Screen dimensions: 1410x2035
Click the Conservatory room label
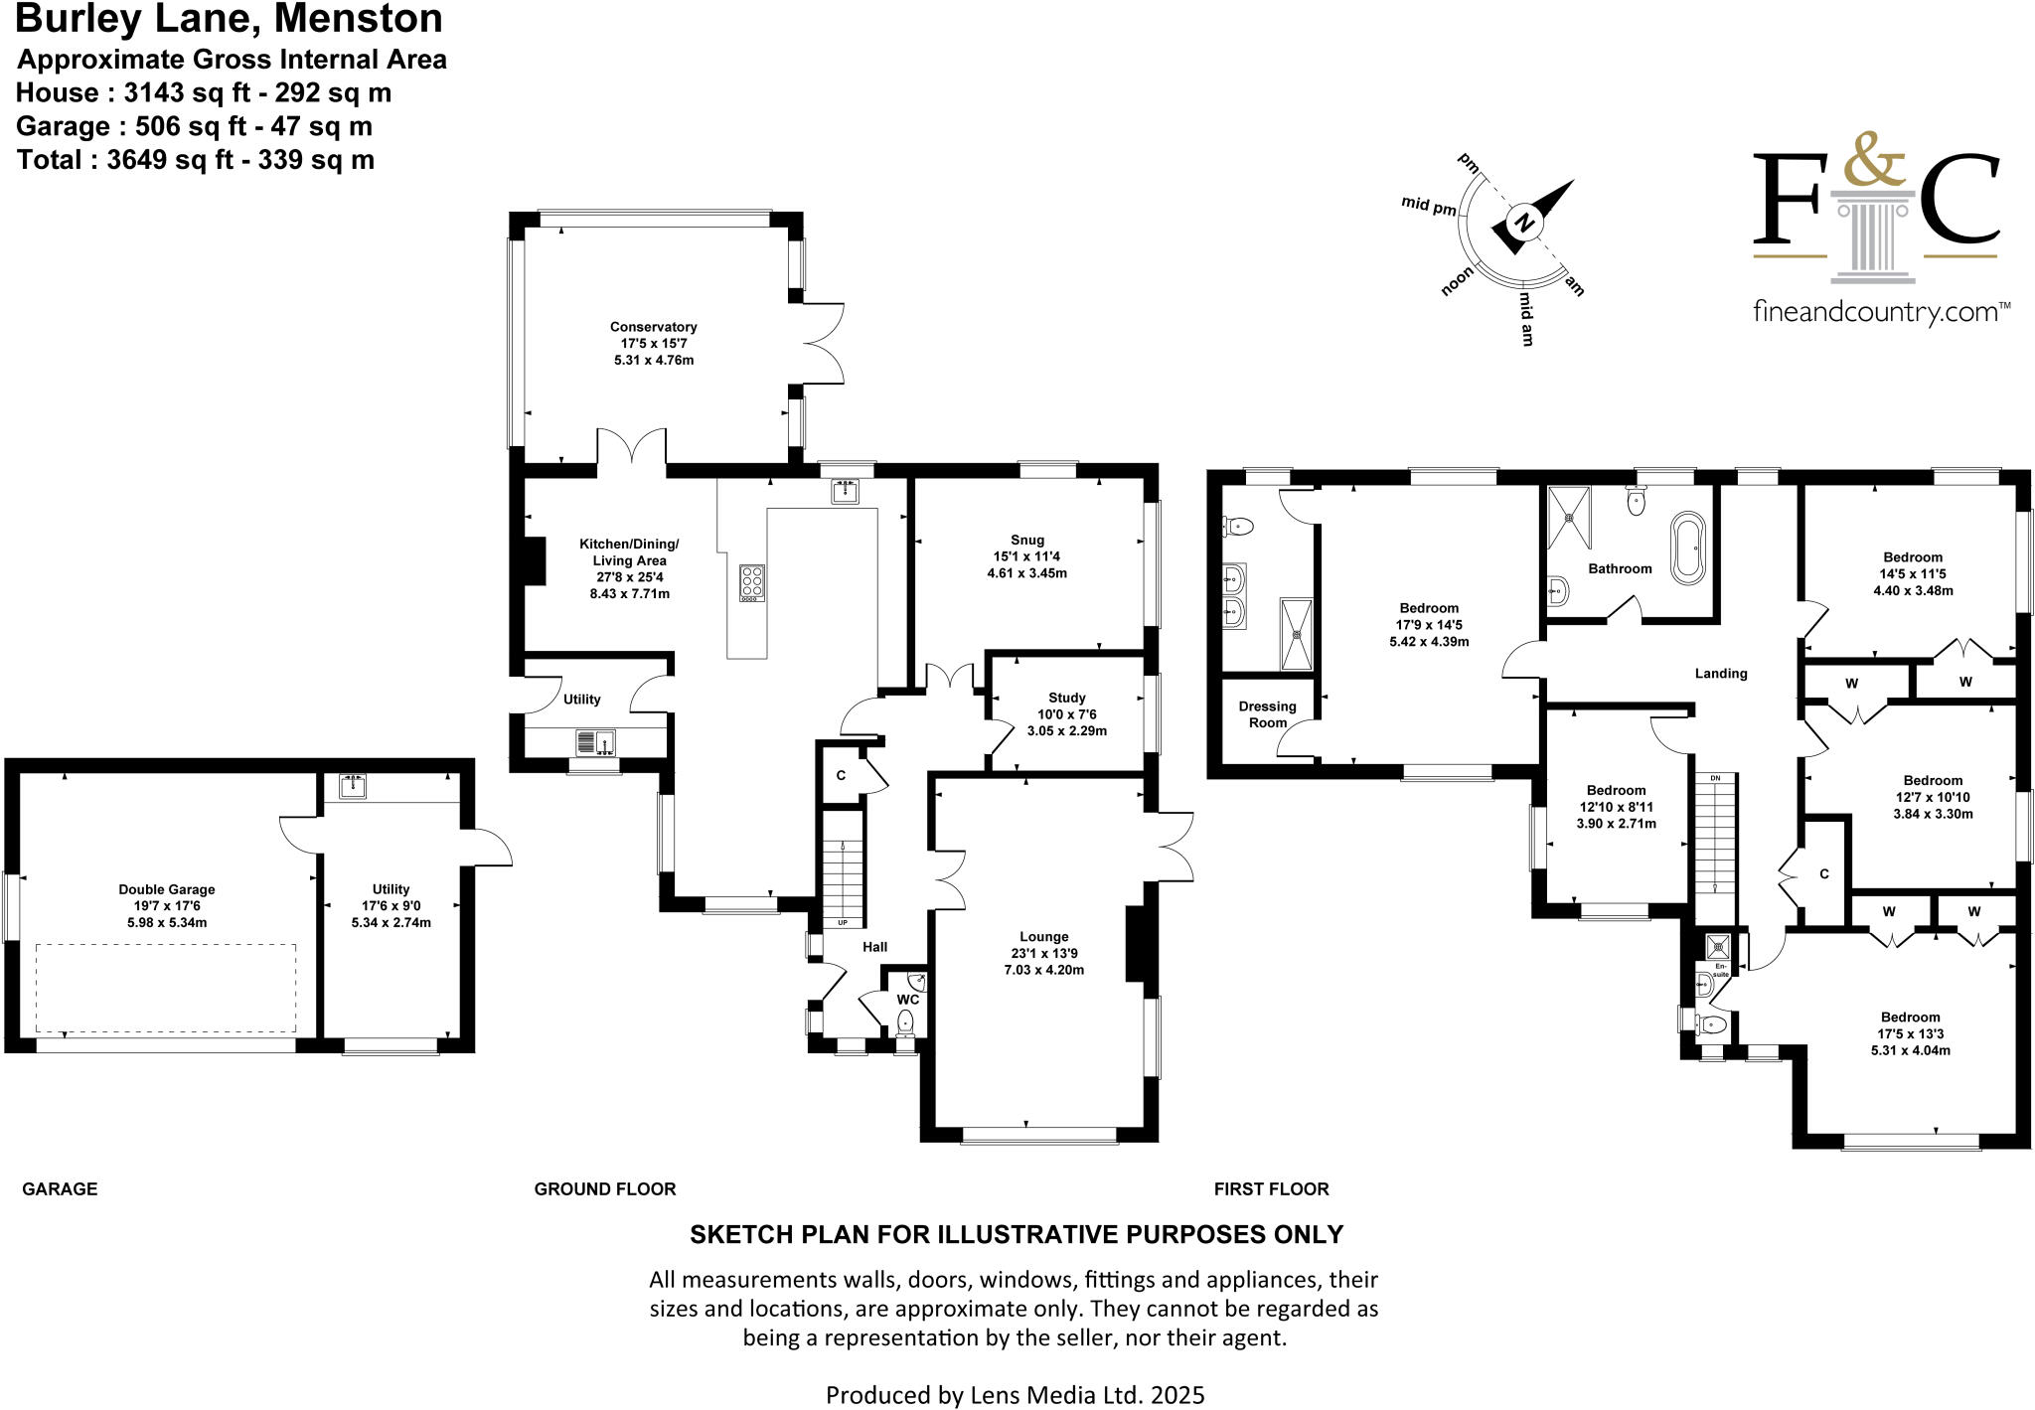click(653, 327)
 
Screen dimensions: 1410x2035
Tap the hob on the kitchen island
click(752, 582)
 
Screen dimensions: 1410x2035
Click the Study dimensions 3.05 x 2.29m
click(1066, 730)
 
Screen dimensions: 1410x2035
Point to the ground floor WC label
click(907, 999)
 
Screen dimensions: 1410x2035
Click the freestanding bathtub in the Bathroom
click(1688, 548)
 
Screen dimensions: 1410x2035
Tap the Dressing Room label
click(1267, 714)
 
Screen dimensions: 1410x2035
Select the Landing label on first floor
click(1720, 674)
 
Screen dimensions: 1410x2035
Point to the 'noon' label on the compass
click(1457, 283)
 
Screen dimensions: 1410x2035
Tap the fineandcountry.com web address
click(1880, 313)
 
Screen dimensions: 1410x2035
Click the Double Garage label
click(167, 889)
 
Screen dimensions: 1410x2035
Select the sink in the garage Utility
click(353, 786)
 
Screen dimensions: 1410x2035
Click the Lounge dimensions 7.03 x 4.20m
click(1043, 970)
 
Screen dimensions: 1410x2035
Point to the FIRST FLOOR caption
click(1271, 1188)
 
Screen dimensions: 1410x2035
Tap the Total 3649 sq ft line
click(196, 160)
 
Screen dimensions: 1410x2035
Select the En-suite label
click(1721, 970)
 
